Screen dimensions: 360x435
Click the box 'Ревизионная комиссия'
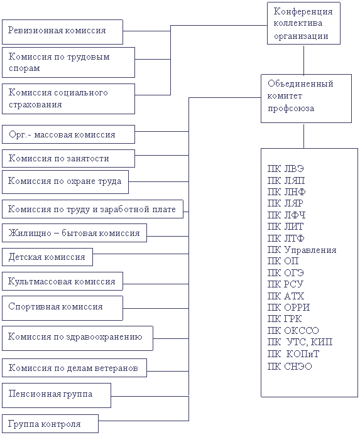62,32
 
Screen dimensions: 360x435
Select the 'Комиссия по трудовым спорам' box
68,62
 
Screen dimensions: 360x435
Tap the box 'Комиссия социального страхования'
68,99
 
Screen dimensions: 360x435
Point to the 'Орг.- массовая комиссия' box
68,134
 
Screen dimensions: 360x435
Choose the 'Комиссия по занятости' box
68,158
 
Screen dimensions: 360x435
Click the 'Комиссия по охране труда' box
65,182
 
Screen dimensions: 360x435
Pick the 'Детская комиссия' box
47,257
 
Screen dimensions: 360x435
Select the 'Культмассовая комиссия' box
62,281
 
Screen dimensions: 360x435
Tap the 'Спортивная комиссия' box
62,308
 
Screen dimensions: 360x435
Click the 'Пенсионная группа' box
57,395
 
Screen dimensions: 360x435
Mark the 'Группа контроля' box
50,424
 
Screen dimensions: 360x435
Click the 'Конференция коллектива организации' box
303,23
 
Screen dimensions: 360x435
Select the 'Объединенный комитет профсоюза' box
306,99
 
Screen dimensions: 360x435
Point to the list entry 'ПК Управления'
302,250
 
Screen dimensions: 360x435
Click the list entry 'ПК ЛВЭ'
286,168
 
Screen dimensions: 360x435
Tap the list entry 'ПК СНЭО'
290,366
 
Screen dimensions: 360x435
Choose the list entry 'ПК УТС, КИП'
300,342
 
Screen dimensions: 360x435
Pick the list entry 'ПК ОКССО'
293,330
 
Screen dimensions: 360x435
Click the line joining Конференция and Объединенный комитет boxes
303,60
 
